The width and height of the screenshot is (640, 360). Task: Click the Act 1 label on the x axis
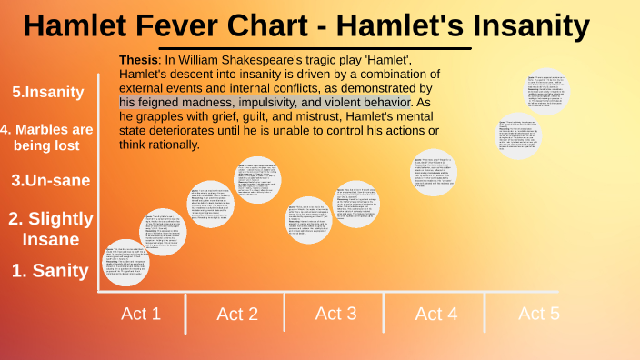141,314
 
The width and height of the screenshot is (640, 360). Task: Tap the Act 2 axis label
237,315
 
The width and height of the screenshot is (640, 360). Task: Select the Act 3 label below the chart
335,314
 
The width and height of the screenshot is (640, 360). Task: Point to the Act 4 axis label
435,315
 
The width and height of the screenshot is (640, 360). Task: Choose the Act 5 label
539,314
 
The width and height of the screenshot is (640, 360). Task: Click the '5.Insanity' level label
48,92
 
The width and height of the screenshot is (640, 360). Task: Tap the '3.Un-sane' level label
51,180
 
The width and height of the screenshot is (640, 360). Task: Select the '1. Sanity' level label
50,270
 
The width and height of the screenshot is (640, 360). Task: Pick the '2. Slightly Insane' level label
51,228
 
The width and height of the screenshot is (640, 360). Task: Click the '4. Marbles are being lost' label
47,136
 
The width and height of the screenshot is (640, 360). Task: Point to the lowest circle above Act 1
123,263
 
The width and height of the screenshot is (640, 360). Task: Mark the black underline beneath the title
315,48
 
